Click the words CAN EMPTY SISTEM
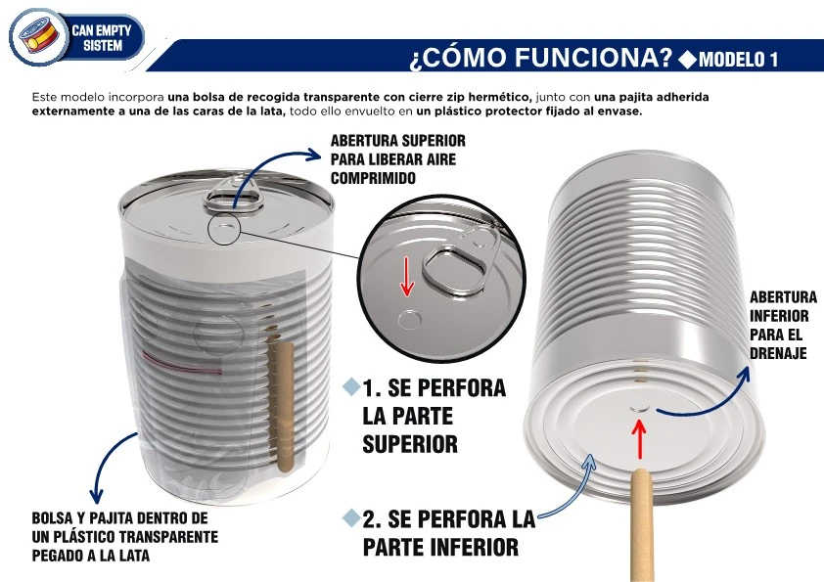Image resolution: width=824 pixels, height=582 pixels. (x=102, y=38)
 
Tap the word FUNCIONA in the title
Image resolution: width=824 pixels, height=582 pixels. (x=593, y=57)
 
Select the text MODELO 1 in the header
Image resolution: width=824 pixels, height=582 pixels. (x=738, y=59)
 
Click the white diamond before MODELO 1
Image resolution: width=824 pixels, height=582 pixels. (x=688, y=59)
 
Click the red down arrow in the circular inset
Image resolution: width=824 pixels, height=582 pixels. (x=407, y=277)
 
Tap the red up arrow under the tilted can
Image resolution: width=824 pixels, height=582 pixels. (x=639, y=439)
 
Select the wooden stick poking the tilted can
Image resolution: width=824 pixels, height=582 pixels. (x=641, y=525)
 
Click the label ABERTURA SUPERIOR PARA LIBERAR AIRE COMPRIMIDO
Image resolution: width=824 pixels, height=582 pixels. (x=398, y=159)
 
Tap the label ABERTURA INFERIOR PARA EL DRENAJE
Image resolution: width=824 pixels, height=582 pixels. (x=783, y=325)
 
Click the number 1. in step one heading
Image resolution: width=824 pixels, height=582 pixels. (x=371, y=388)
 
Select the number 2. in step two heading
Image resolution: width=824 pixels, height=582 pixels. (x=372, y=519)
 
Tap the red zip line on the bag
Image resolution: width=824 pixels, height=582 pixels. (x=182, y=363)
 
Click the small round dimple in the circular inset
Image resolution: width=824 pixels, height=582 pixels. (x=409, y=319)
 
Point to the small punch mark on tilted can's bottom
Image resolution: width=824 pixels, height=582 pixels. (x=639, y=404)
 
